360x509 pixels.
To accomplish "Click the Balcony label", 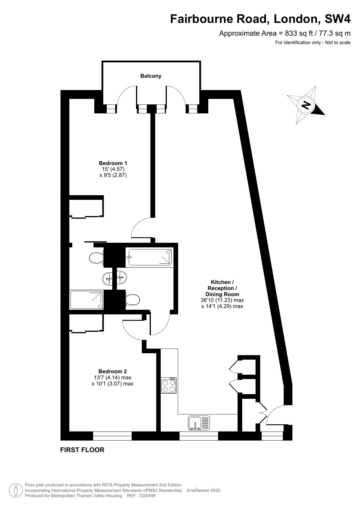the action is (x=151, y=76).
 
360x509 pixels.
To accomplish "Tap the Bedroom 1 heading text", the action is (x=113, y=163).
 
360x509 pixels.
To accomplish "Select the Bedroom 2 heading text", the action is (x=113, y=371).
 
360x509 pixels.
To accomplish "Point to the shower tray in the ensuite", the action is (x=86, y=300).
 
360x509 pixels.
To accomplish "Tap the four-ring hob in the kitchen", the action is (x=169, y=385).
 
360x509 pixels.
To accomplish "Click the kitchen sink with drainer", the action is (x=199, y=423).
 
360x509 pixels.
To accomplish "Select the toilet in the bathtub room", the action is (x=133, y=300).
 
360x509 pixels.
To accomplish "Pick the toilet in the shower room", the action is (x=96, y=258).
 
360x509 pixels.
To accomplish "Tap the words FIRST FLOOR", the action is (x=82, y=450).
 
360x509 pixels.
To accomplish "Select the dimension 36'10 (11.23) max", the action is (x=222, y=300).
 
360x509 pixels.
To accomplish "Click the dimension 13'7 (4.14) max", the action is (x=113, y=378).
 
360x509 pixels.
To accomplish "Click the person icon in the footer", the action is (x=16, y=490).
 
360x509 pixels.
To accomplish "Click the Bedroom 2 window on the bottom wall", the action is (x=112, y=436).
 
